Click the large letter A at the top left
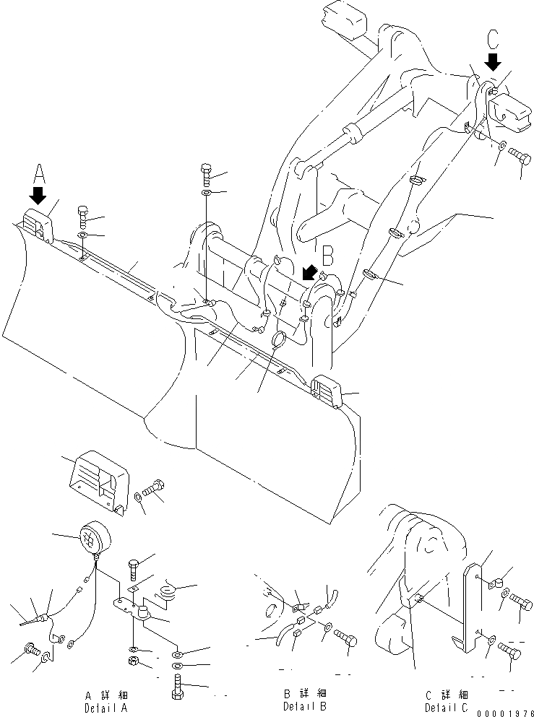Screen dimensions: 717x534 click(39, 173)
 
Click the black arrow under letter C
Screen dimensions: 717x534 click(493, 61)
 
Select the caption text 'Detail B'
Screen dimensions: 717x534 click(304, 705)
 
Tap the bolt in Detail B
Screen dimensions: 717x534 click(346, 638)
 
